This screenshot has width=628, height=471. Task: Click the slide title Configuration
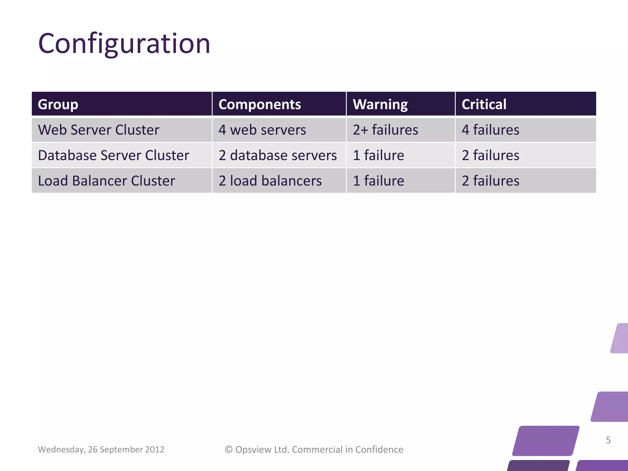point(124,44)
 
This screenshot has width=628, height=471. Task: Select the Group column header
point(58,104)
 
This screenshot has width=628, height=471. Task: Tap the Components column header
point(260,104)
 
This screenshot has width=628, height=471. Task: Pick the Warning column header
point(380,104)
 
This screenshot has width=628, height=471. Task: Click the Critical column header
point(484,104)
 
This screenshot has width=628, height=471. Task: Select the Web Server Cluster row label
point(98,130)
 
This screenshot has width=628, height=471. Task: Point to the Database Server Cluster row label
point(113,155)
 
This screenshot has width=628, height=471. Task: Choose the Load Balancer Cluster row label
point(106,181)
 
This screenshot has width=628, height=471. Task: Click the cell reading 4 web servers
point(262,130)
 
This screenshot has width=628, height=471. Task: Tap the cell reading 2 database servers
point(278,155)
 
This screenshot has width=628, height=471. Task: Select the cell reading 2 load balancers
point(270,181)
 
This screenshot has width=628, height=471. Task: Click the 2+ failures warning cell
point(385,130)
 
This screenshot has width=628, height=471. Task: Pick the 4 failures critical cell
point(490,130)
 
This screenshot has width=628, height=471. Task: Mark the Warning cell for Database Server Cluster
point(378,155)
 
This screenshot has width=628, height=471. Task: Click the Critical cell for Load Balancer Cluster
point(490,181)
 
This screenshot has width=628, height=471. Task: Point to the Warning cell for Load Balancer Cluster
point(378,181)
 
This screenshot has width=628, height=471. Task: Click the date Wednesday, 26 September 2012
point(101,450)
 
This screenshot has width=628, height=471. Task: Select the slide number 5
point(608,440)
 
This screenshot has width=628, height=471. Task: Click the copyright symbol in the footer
point(229,450)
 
